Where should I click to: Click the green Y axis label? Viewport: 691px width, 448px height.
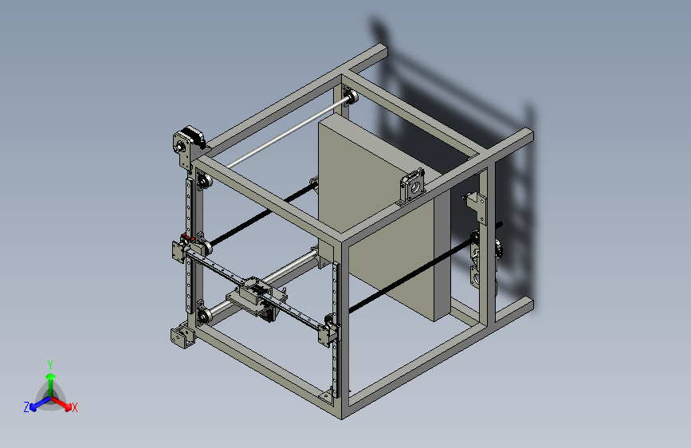click(x=50, y=365)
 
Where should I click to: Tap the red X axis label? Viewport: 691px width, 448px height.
click(x=74, y=408)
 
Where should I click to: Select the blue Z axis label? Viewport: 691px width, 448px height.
click(x=26, y=407)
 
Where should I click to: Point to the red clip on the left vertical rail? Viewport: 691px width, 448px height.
click(x=186, y=238)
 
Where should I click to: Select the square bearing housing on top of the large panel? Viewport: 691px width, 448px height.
click(x=413, y=187)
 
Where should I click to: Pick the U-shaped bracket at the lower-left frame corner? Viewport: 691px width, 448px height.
click(x=182, y=337)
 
